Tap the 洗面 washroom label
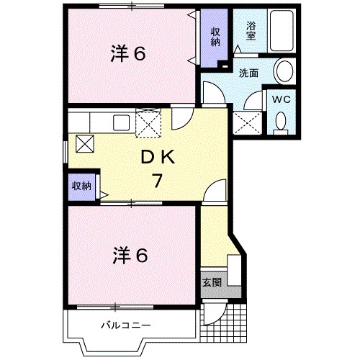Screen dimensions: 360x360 pyautogui.click(x=249, y=72)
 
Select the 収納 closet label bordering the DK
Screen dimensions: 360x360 pyautogui.click(x=81, y=186)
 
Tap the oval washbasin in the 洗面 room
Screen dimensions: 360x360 pyautogui.click(x=284, y=72)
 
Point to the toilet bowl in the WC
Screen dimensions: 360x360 pyautogui.click(x=280, y=124)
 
